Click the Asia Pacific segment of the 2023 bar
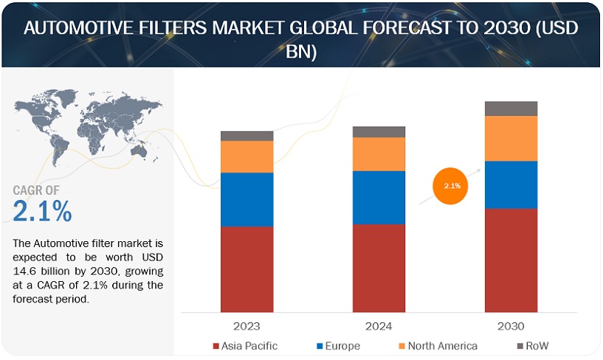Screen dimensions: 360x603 pos(247,269)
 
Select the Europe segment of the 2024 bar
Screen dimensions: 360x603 pos(379,197)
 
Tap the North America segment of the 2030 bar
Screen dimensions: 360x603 pos(511,138)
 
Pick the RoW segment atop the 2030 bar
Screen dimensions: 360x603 pos(511,108)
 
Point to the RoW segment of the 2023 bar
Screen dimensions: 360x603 pos(247,136)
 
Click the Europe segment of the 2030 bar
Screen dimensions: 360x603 pos(511,184)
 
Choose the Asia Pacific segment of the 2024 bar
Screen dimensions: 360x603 pos(379,267)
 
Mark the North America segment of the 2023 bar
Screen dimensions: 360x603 pos(247,156)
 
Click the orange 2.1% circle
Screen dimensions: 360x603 pos(452,186)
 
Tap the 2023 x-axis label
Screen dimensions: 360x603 pos(247,325)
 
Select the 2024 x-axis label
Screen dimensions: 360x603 pos(379,325)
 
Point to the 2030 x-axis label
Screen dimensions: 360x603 pos(511,325)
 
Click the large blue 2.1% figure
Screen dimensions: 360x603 pos(43,212)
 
